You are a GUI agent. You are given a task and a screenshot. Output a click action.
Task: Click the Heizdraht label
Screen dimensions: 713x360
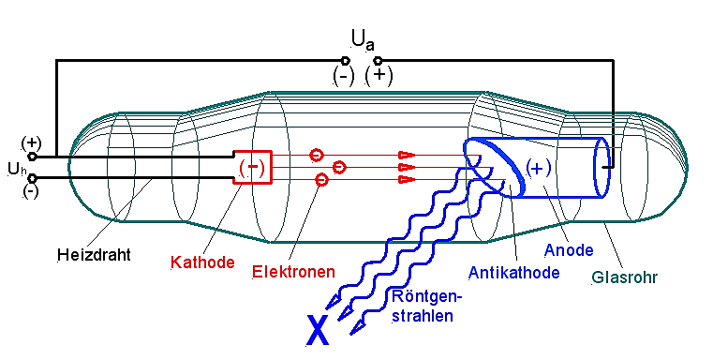[x=94, y=254]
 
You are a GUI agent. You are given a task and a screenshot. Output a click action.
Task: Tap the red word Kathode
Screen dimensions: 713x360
[x=202, y=262]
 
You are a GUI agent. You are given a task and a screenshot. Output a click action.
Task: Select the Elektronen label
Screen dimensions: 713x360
[x=294, y=272]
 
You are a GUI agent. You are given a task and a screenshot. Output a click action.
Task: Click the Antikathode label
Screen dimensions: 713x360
[x=513, y=273]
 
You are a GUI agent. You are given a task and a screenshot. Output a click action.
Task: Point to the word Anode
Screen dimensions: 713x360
[x=569, y=250]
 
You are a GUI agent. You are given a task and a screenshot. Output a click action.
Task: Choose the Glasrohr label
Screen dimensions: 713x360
[x=625, y=277]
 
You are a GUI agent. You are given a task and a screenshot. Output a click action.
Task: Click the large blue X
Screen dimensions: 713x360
[x=318, y=330]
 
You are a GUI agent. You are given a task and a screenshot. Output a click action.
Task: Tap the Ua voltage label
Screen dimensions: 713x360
[x=364, y=39]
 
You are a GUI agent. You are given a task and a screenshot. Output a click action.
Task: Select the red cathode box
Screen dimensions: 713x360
[x=253, y=167]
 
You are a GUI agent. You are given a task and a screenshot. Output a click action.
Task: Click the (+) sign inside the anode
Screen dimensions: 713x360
[x=539, y=168]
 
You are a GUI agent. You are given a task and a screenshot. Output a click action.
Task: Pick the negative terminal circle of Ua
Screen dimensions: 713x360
[x=345, y=60]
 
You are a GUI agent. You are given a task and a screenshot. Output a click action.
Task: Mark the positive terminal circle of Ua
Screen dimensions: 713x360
[x=378, y=60]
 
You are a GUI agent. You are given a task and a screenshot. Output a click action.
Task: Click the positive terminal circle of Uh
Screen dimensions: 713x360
[x=32, y=157]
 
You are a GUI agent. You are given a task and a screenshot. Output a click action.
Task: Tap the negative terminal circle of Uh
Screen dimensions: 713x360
[x=32, y=178]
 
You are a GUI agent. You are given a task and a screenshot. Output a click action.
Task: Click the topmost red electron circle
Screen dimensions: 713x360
[x=317, y=156]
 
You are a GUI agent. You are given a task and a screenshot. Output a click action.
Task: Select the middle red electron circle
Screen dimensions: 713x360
[x=339, y=168]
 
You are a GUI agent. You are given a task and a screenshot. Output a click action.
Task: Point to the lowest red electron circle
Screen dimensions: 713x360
[x=321, y=180]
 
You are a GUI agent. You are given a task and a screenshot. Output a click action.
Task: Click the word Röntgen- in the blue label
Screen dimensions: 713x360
[x=426, y=297]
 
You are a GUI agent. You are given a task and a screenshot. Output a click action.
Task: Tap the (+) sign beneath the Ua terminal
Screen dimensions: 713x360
[x=379, y=76]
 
